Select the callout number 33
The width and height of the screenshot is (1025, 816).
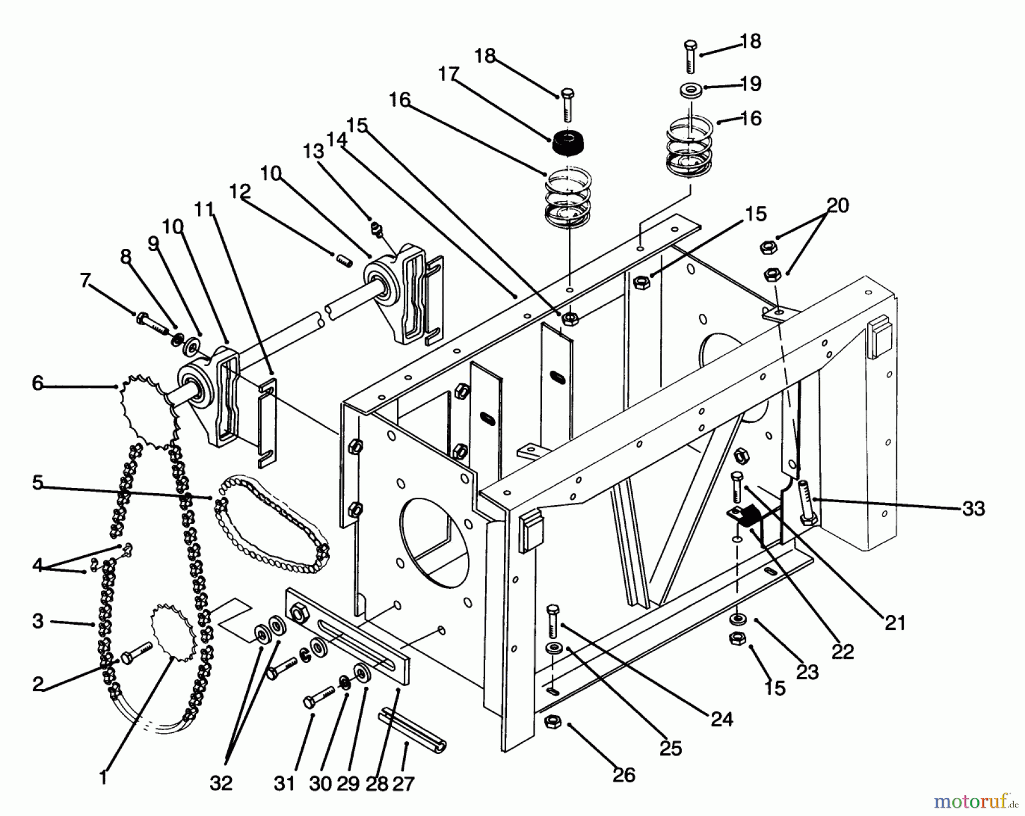973,509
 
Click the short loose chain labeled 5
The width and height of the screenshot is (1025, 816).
270,528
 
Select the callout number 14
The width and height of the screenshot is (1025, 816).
337,140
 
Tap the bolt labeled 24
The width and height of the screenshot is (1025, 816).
551,621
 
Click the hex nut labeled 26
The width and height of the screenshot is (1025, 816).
551,721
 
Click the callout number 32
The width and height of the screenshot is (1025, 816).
220,784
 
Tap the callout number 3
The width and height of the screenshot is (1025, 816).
38,621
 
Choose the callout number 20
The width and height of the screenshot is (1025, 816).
837,205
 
